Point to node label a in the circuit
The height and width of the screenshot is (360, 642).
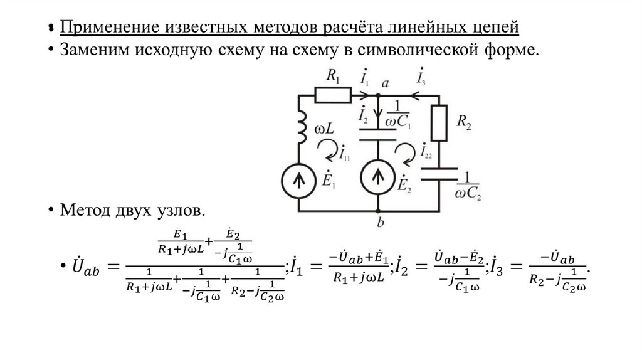coord(385,83)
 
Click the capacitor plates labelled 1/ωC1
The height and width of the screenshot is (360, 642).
coord(379,134)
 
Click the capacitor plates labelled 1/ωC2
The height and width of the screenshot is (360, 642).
coord(438,174)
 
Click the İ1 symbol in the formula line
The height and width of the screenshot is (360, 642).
coord(297,268)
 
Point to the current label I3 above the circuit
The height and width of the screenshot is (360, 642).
coord(421,80)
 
